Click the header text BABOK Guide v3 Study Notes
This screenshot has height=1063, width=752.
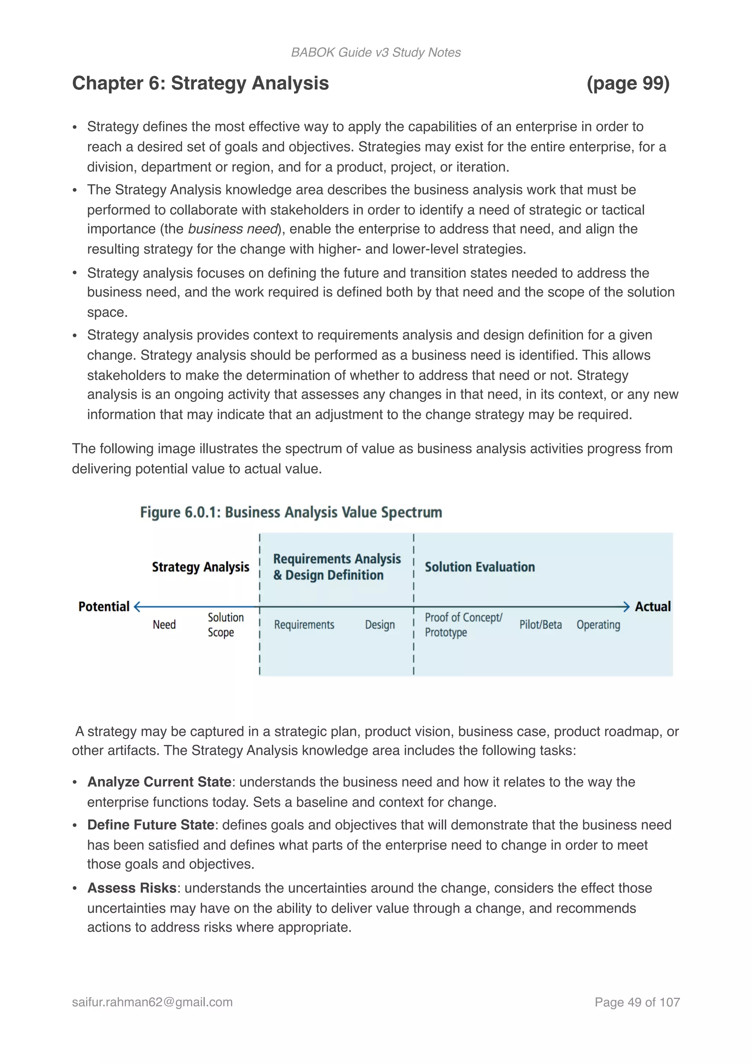[376, 52]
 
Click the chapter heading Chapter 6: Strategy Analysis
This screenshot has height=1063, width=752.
[200, 83]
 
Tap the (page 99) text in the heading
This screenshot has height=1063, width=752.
[628, 83]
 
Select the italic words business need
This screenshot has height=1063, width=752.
[232, 229]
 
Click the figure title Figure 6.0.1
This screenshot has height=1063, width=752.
[291, 512]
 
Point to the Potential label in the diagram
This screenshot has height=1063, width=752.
[104, 606]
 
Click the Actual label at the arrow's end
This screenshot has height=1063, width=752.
[652, 606]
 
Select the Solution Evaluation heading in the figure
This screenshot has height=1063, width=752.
[479, 567]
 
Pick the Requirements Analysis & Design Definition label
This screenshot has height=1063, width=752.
[336, 567]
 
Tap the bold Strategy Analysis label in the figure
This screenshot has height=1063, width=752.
[200, 567]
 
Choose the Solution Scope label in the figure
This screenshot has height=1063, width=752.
[225, 625]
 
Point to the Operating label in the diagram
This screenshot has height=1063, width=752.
[598, 625]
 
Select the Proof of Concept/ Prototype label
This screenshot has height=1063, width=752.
[463, 625]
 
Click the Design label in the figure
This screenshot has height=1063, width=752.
[379, 625]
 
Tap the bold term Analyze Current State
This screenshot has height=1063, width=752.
[159, 781]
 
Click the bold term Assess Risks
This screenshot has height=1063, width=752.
[131, 888]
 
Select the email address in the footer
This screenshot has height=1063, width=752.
[152, 1002]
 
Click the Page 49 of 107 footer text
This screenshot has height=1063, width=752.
[637, 1002]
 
